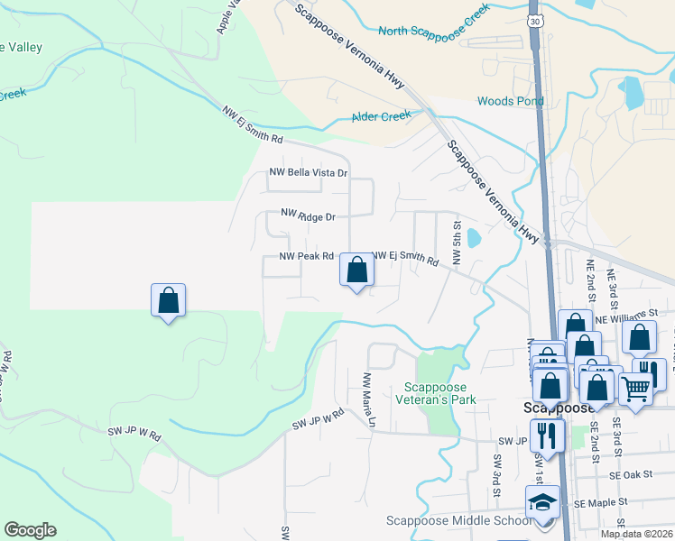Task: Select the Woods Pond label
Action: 510,101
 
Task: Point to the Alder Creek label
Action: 381,116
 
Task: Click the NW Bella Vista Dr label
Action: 309,172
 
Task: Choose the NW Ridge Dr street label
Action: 308,215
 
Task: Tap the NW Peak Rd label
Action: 307,256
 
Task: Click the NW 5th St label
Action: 458,243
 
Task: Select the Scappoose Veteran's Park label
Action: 437,394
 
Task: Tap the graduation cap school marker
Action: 543,501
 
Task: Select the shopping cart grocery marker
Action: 636,390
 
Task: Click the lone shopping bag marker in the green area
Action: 168,299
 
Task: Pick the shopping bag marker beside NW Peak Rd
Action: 357,269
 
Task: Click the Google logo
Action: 30,529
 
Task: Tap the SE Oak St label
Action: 629,474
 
